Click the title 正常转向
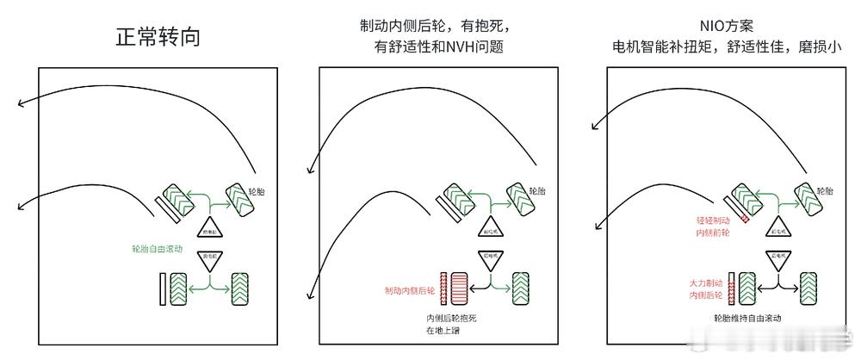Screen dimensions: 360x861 (158, 37)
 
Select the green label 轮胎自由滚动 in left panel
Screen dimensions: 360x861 (157, 248)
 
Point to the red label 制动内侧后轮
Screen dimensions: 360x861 (410, 290)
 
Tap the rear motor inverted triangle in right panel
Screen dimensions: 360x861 (777, 260)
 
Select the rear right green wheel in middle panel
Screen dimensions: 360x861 (522, 287)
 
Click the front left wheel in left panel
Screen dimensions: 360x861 (177, 200)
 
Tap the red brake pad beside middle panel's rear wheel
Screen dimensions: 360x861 (444, 288)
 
